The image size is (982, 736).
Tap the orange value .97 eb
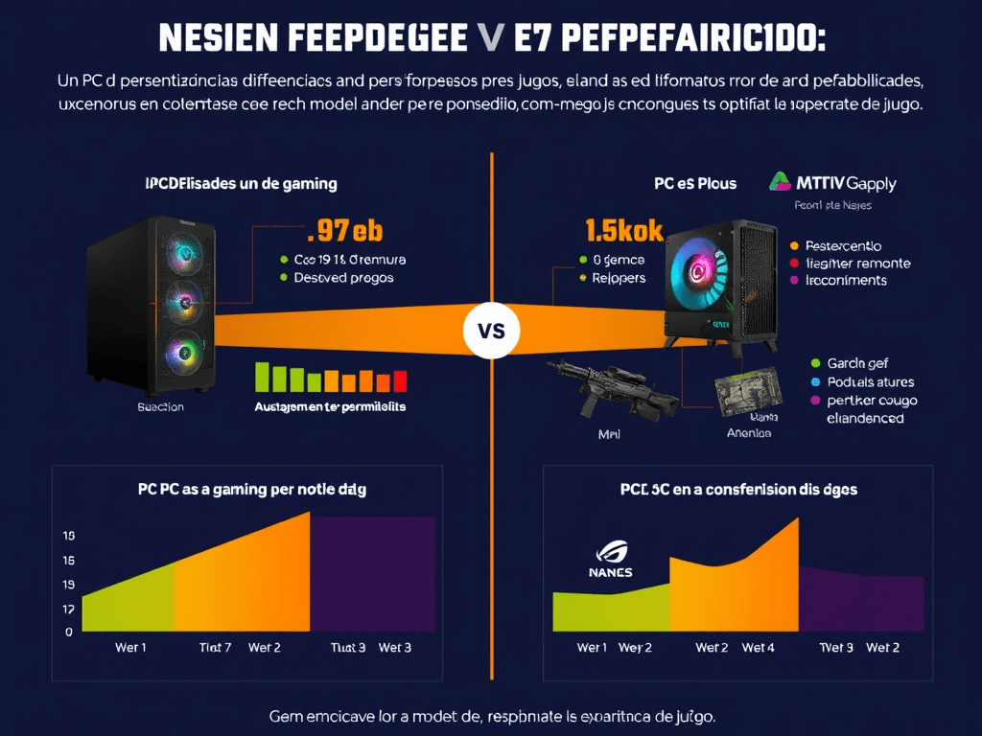pos(342,232)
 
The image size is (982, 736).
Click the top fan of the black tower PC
pos(182,254)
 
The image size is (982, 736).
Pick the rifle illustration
pos(591,387)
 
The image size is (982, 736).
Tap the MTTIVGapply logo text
pos(833,182)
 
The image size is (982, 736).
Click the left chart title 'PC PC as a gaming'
pos(252,489)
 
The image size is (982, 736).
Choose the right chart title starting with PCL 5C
pos(736,489)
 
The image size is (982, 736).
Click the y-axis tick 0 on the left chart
pos(69,632)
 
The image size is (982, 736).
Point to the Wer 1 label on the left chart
pos(130,648)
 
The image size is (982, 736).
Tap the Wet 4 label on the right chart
pos(759,648)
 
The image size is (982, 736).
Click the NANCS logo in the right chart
pos(611,561)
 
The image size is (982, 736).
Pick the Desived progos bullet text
pos(342,277)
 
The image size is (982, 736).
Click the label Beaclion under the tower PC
pos(161,406)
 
